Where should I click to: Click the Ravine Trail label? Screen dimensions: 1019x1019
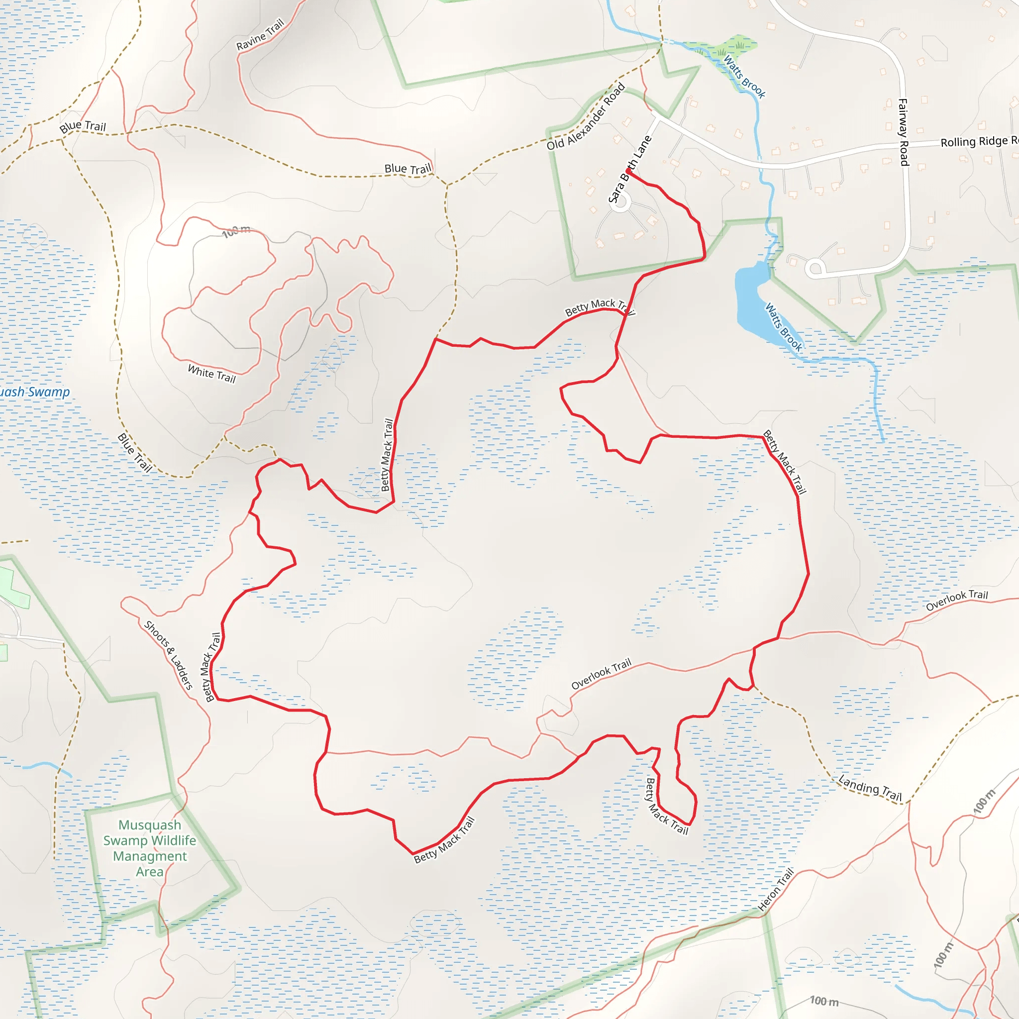coord(260,35)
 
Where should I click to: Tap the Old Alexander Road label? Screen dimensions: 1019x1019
coord(586,116)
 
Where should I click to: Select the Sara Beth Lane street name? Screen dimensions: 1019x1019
coord(630,169)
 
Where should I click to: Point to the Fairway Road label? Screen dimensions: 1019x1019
coord(903,132)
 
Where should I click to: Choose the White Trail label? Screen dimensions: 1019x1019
coord(211,374)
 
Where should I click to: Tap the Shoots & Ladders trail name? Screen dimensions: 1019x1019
coord(168,655)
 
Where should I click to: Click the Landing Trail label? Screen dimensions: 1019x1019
coord(870,788)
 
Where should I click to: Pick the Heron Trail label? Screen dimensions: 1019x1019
coord(775,890)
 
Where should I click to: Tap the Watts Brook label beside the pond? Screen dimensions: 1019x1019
coord(784,327)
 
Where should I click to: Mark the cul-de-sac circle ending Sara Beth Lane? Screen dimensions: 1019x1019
coord(620,203)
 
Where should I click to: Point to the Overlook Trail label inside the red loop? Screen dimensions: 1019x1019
coord(601,674)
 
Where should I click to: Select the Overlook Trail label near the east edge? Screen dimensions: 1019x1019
coord(957,600)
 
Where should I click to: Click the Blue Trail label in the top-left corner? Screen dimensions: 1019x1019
coord(83,126)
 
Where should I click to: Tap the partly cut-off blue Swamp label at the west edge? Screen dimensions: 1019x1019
coord(35,392)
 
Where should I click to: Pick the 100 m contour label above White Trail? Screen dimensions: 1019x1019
coord(236,231)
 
